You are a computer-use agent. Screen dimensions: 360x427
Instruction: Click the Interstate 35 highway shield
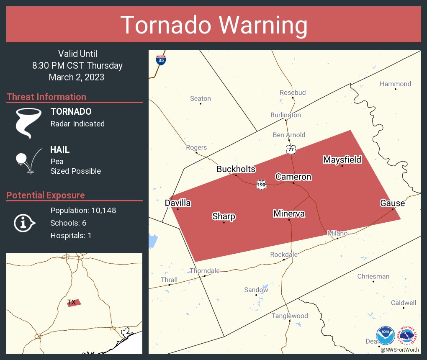161,60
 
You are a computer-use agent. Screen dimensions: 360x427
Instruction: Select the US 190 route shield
262,184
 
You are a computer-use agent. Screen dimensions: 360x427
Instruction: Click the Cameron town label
293,177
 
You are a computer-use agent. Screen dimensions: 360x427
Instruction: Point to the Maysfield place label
342,159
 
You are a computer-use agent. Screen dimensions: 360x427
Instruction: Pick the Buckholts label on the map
236,169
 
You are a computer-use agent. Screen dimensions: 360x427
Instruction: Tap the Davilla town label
178,203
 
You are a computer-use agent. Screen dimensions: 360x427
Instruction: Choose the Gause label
392,203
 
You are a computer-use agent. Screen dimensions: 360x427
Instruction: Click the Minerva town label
289,214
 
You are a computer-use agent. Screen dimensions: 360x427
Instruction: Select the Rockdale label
284,255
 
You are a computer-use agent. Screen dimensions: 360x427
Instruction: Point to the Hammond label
395,84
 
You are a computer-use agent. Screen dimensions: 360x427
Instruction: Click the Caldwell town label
404,303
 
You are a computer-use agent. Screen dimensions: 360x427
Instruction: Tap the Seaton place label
201,99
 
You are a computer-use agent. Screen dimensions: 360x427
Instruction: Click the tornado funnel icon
28,123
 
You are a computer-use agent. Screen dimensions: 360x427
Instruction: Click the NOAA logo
385,335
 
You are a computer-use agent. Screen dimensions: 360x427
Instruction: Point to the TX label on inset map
71,302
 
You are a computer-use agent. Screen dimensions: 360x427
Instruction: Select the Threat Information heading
46,97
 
